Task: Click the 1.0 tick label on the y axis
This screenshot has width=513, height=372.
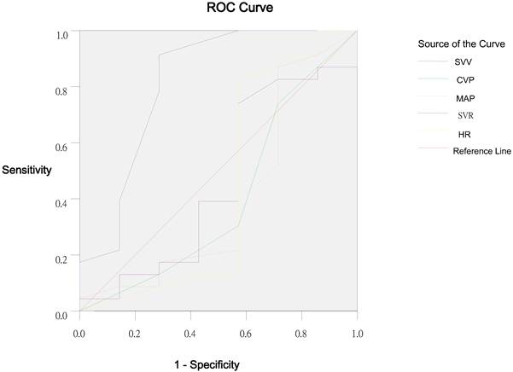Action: [x=62, y=35]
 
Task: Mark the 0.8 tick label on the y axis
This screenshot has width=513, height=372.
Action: [x=62, y=87]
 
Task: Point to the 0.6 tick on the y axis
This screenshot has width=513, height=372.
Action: [x=62, y=146]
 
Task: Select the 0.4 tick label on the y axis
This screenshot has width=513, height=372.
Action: [x=62, y=201]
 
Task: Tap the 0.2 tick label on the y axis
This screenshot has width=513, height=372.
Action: [x=62, y=259]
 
